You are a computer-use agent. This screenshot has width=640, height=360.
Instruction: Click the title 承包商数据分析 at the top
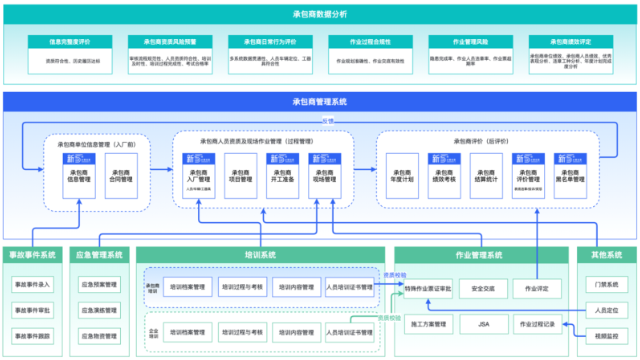320,13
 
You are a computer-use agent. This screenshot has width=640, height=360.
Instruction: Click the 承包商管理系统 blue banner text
320,101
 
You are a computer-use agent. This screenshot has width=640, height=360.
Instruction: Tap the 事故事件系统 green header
34,255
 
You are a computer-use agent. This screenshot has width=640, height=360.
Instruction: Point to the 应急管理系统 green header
100,255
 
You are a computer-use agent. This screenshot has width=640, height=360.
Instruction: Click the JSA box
483,325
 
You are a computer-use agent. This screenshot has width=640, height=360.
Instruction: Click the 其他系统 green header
606,255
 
